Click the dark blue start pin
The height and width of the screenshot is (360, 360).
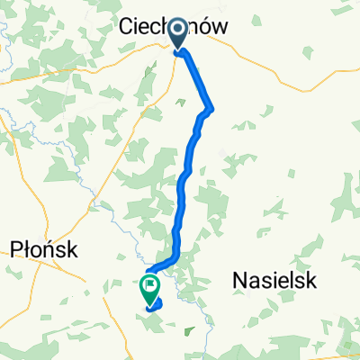176,34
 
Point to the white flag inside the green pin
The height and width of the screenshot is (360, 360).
148,286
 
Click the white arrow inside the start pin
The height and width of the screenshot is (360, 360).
176,31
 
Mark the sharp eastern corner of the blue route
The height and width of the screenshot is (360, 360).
212,109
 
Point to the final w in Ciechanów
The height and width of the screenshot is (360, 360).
217,30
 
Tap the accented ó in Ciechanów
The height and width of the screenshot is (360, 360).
203,30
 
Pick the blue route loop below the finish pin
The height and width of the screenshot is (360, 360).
155,306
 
